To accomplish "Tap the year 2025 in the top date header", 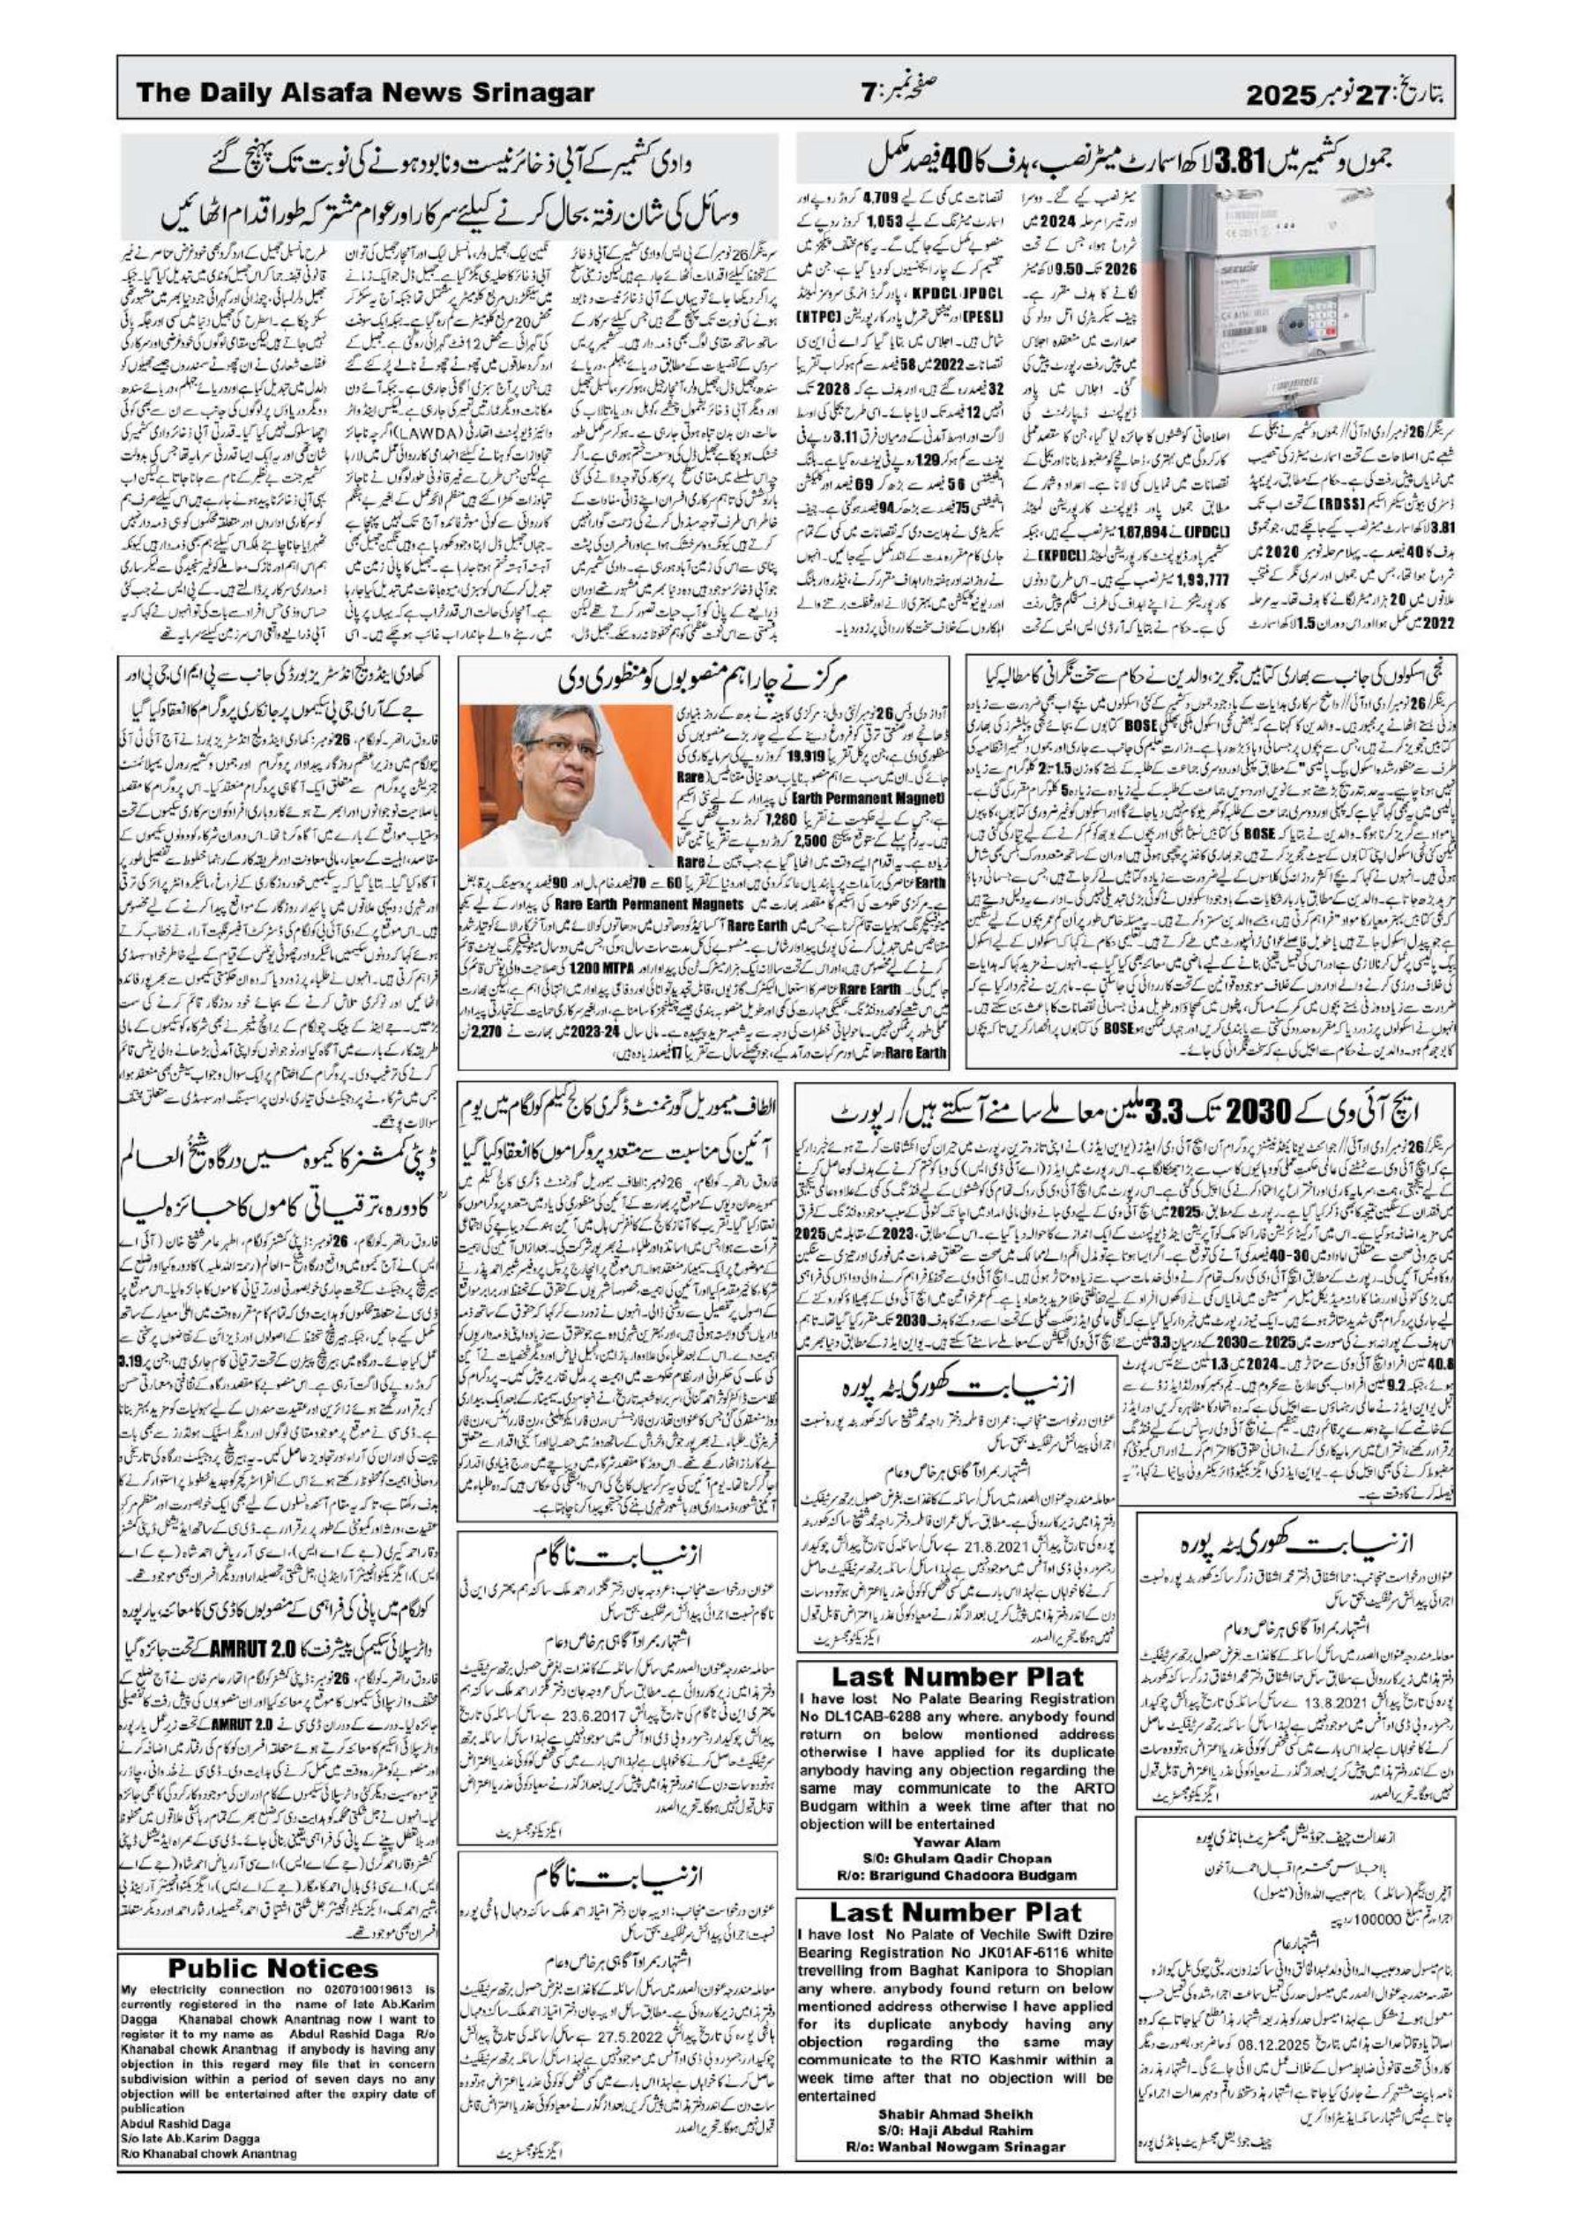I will tap(1285, 94).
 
